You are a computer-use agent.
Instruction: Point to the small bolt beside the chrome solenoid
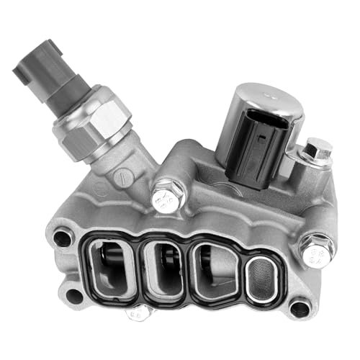[317, 151]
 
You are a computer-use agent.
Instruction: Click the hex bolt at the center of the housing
[168, 194]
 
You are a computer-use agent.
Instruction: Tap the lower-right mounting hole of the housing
[299, 308]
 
